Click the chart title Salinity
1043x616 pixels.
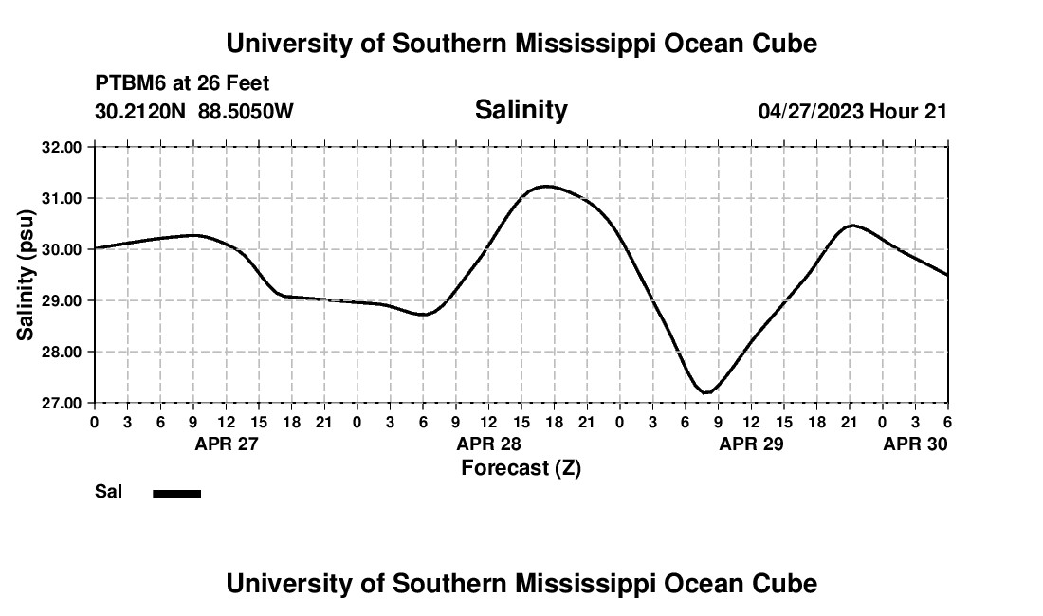(x=521, y=110)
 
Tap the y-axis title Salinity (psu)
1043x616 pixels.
(x=27, y=276)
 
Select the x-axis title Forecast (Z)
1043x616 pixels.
(x=521, y=468)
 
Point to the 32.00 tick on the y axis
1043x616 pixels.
(x=62, y=147)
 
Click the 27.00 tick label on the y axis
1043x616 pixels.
(x=62, y=403)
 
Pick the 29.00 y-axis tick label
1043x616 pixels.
(x=62, y=300)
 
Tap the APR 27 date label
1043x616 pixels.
(x=226, y=444)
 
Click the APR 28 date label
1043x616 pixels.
(x=489, y=444)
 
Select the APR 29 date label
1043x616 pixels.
(x=751, y=444)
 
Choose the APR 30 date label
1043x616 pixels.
(x=915, y=444)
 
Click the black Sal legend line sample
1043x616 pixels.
(x=176, y=493)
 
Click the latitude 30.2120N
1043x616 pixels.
(x=141, y=111)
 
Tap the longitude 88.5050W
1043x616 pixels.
(x=246, y=111)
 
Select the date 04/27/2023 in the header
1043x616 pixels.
(x=811, y=111)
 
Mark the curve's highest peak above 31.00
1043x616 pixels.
(x=547, y=186)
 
